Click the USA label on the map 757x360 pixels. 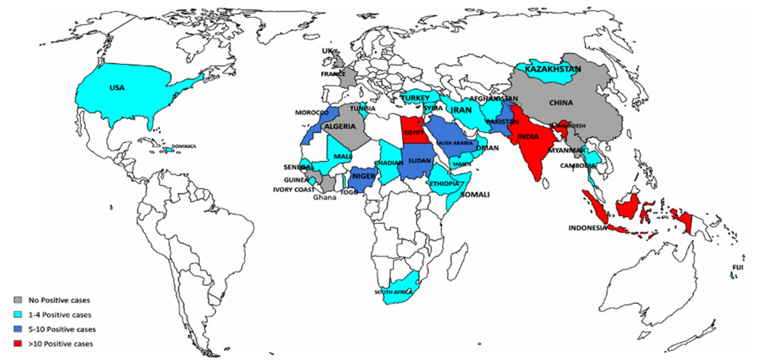117,88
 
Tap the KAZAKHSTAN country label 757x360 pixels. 553,69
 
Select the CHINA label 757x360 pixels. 561,103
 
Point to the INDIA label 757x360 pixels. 528,137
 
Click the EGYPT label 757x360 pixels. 414,133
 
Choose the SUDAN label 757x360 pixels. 419,160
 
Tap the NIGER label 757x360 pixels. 364,176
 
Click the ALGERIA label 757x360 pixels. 340,127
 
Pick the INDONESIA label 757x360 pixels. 587,228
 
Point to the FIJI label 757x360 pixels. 738,267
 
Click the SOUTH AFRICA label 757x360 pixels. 393,292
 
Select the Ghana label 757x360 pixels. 324,197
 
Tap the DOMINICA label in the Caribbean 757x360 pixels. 184,146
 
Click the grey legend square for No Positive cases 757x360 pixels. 18,300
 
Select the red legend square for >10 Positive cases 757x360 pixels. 18,344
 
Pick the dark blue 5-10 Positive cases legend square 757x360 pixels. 18,329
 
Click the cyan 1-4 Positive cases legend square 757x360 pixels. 18,314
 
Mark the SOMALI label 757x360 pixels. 475,195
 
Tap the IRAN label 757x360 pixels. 461,110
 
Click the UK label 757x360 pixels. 327,51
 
